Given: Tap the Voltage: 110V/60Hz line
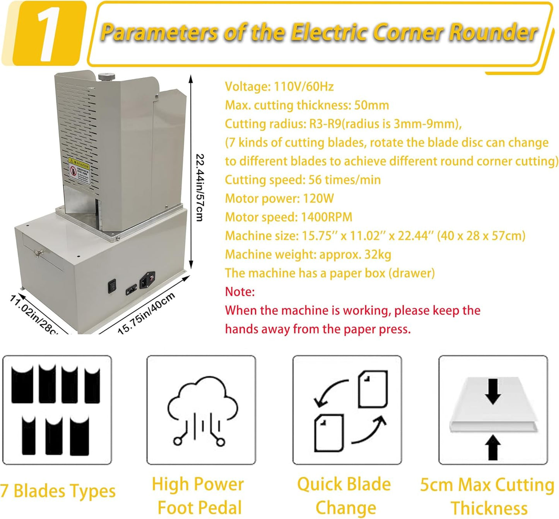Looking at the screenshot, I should click(279, 86).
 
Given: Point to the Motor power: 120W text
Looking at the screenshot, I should click(279, 199).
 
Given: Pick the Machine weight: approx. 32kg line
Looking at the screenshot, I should click(308, 254).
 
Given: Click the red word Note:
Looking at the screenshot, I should click(240, 292).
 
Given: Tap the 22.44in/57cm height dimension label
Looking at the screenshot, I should click(200, 187).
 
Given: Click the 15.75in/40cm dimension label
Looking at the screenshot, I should click(147, 313).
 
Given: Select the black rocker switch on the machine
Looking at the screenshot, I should click(112, 286).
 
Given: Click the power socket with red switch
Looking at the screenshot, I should click(147, 280).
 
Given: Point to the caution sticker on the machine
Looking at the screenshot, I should click(79, 170).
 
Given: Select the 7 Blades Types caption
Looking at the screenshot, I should click(58, 491).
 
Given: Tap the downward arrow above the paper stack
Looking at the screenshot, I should click(493, 391).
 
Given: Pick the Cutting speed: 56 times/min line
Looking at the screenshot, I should click(303, 180).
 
